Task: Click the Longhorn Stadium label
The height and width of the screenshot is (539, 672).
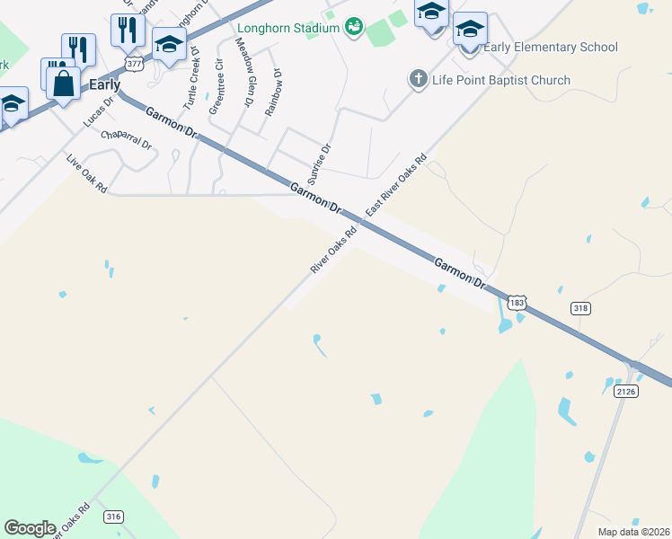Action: coord(288,27)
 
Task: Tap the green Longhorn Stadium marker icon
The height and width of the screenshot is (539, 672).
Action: coord(354,27)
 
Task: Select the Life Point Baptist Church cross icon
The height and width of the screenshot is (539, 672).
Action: coord(418,80)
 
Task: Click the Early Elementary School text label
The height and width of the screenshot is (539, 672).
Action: coord(551,47)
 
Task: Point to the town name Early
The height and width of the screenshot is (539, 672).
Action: coord(104,85)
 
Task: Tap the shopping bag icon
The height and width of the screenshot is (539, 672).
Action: coord(65,85)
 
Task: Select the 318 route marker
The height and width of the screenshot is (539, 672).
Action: coord(580,308)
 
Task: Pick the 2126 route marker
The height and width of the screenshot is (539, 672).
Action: coord(625,392)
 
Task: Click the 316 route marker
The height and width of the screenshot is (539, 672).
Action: coord(113,516)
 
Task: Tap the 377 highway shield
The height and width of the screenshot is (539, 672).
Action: coord(134,65)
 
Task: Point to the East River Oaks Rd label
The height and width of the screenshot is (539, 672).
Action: coord(394,190)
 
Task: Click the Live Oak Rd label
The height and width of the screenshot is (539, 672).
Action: coord(87,174)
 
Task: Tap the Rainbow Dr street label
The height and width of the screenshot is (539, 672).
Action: coord(274,93)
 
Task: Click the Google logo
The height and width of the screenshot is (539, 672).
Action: coord(30,528)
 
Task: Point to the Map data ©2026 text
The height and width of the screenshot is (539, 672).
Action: coord(633,532)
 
